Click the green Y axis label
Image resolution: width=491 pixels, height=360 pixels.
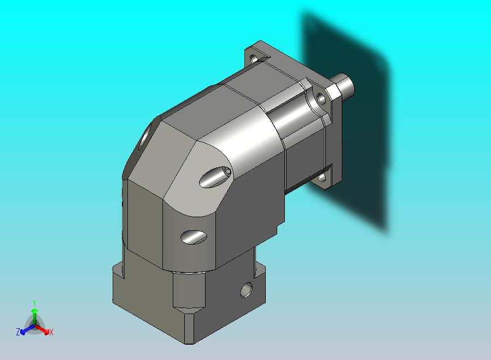[x=34, y=303]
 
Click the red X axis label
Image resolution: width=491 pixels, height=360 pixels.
[x=51, y=332]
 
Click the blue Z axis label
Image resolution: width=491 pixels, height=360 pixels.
[x=18, y=332]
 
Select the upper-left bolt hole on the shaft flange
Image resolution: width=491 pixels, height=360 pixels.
[x=254, y=59]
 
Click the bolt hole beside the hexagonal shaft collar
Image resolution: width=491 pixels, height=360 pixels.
[x=321, y=98]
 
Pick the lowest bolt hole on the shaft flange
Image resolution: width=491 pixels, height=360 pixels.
[x=322, y=178]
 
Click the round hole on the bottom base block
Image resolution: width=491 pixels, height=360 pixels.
[x=247, y=290]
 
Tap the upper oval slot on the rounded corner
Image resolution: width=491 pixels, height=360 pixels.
[x=215, y=177]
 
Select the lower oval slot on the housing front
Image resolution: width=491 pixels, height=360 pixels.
[x=194, y=237]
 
